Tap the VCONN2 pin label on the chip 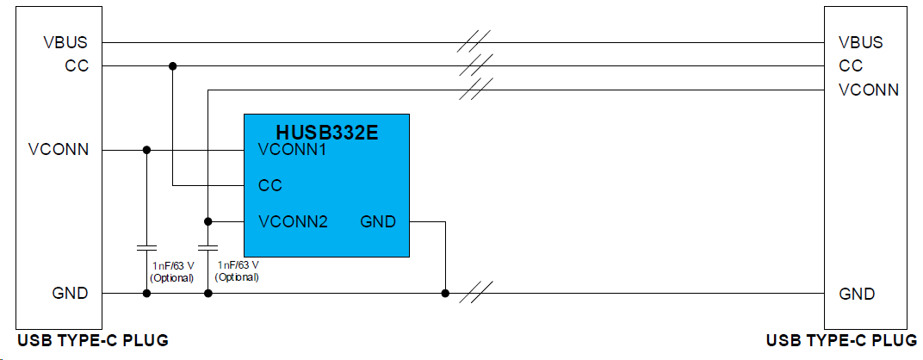(x=294, y=222)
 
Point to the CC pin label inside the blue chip (x=270, y=185)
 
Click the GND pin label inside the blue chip (x=378, y=222)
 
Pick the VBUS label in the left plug (x=65, y=42)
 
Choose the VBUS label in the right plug (x=861, y=42)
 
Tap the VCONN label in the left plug (x=59, y=150)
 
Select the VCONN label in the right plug (x=869, y=90)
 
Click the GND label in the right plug (x=857, y=294)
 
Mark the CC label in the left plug (x=77, y=65)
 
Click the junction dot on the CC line (x=173, y=65)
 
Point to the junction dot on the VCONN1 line (x=146, y=150)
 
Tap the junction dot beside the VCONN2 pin (x=208, y=221)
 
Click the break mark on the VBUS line (x=474, y=41)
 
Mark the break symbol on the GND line (x=476, y=293)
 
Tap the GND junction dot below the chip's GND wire (x=445, y=294)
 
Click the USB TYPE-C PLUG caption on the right (x=841, y=341)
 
